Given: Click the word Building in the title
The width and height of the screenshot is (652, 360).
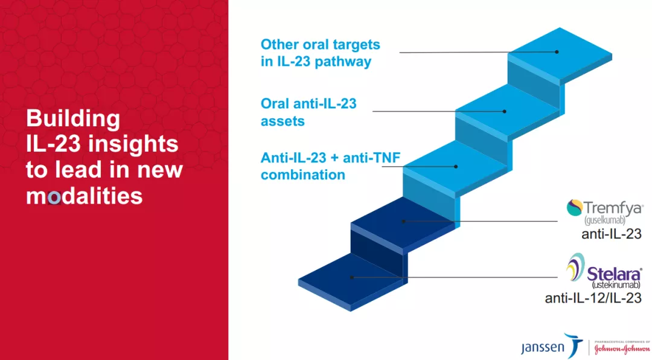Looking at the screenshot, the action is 73,119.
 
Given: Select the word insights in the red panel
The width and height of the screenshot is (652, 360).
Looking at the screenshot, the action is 133,144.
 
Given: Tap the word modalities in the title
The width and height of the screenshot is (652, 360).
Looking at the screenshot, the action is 85,195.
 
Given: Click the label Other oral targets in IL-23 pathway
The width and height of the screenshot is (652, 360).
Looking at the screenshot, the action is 320,53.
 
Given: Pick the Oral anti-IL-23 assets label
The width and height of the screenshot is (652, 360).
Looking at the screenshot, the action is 308,112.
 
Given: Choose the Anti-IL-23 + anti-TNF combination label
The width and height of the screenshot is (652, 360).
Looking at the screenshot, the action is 331,166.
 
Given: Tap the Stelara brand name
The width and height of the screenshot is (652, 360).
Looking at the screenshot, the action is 615,274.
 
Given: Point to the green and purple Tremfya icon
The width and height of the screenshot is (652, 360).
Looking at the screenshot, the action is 574,208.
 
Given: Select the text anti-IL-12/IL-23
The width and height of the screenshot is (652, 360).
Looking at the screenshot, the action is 593,298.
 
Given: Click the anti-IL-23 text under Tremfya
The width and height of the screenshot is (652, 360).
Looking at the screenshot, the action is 611,234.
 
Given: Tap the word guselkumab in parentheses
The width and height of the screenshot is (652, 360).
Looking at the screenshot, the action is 604,220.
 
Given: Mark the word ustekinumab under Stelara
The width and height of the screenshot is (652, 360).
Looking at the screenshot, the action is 616,285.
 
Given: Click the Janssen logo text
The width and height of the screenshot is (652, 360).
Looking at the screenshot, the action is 543,347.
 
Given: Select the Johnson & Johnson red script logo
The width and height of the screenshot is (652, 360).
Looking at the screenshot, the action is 622,349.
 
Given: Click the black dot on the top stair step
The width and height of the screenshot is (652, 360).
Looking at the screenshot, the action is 557,52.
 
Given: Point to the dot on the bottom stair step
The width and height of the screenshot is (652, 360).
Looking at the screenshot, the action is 352,277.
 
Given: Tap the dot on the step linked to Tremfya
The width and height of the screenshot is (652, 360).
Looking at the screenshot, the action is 403,222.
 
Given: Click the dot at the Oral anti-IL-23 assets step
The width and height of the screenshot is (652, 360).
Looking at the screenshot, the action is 504,112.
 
